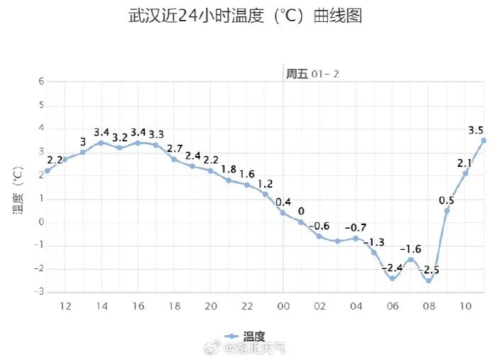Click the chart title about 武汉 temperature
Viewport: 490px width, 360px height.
[x=245, y=16]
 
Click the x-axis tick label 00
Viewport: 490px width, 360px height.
[x=283, y=306]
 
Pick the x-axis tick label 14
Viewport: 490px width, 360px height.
[x=101, y=306]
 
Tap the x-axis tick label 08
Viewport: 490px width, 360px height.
[x=429, y=306]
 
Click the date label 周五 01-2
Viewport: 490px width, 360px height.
[x=312, y=74]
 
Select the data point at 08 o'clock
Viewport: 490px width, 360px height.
[x=429, y=280]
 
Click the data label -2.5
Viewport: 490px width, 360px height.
[x=428, y=270]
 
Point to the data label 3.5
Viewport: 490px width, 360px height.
[x=476, y=130]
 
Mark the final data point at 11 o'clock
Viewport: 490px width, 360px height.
[x=484, y=140]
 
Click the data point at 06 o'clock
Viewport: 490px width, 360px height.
[x=392, y=278]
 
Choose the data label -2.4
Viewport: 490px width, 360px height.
[x=393, y=268]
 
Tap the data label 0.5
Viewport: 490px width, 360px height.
[x=447, y=200]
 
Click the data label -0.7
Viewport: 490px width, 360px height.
[x=355, y=227]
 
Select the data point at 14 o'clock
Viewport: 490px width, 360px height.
[x=101, y=143]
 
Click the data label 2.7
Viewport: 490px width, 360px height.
[x=175, y=149]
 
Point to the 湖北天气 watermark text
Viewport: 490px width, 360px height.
[x=254, y=348]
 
